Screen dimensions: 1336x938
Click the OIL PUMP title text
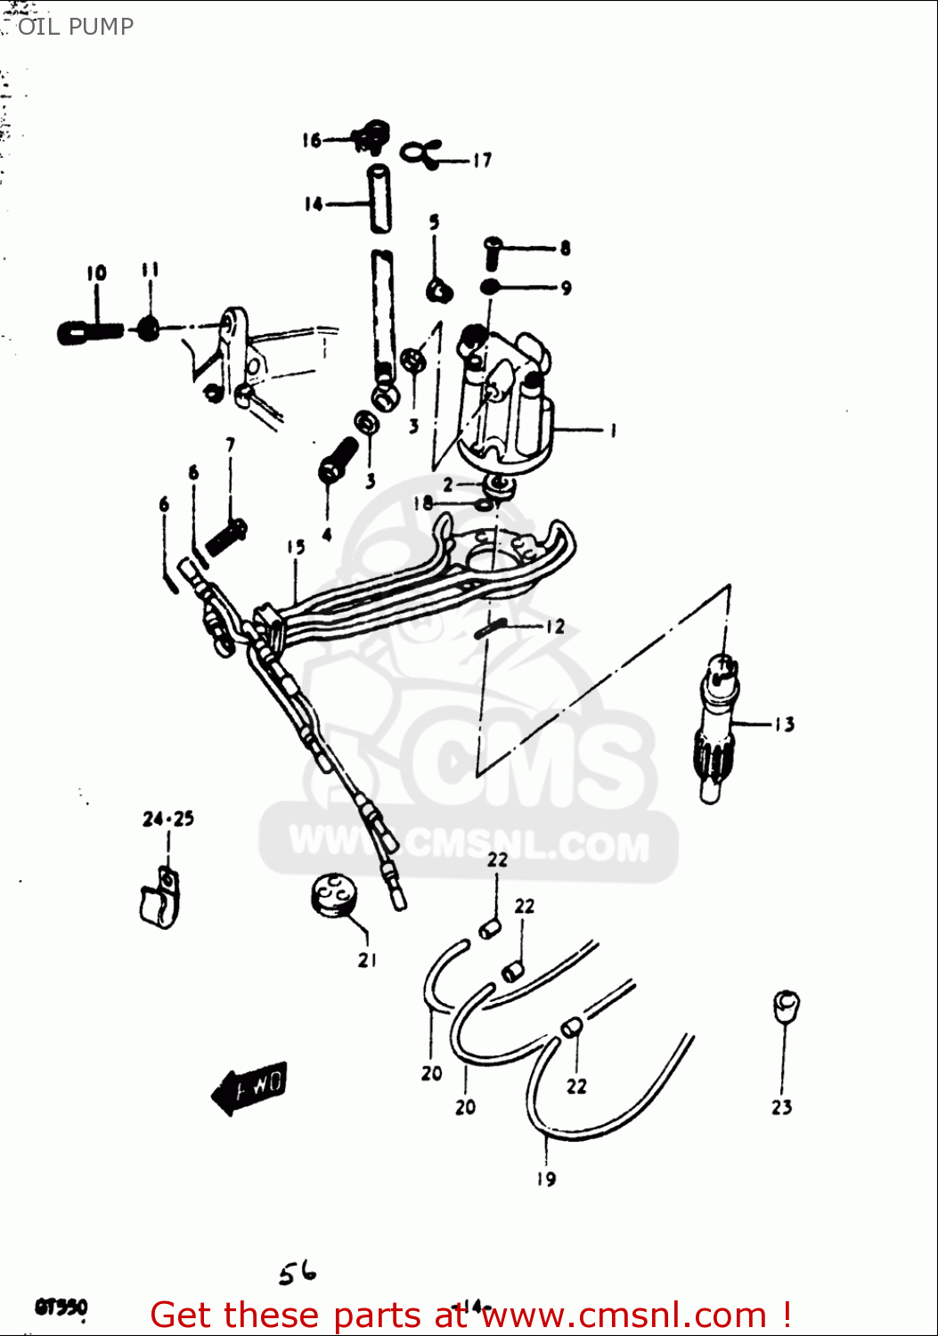pos(75,27)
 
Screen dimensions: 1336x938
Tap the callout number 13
pos(783,724)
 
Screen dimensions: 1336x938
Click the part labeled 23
pos(786,1006)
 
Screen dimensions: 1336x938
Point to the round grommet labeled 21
pos(332,894)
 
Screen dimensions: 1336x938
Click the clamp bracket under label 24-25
pos(159,899)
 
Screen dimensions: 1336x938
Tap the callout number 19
pos(546,1178)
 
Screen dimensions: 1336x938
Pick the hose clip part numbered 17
pos(420,153)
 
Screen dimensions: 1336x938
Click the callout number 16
pos(311,140)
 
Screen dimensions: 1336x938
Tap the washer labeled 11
pos(149,329)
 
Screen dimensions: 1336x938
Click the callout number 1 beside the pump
pos(612,430)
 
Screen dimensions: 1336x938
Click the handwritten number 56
pos(297,1274)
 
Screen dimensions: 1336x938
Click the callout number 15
pos(296,547)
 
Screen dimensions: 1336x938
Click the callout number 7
pos(231,444)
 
